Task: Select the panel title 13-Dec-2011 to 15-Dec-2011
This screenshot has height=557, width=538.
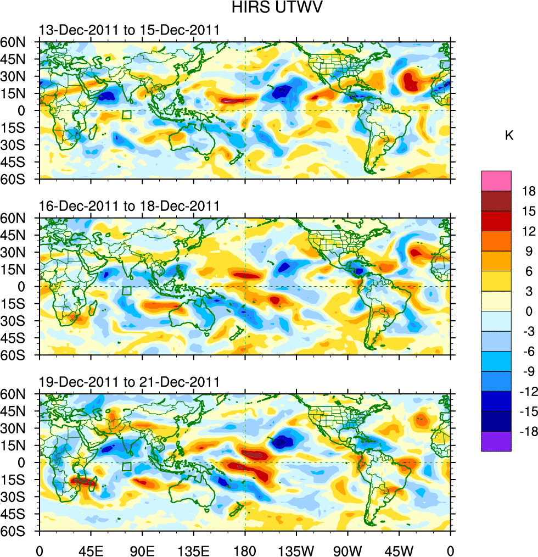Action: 129,30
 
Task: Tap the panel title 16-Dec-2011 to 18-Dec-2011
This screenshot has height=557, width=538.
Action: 129,207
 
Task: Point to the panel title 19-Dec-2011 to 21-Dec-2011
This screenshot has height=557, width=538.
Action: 129,382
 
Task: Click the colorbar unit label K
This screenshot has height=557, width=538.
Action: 509,135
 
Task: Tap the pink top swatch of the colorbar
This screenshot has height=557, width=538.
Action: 496,181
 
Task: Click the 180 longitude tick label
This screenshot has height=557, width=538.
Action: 245,549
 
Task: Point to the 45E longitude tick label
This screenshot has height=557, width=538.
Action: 91,549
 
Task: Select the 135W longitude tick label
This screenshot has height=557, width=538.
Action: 296,549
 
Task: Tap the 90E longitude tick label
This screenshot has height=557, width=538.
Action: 142,549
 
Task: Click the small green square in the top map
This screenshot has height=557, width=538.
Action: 127,115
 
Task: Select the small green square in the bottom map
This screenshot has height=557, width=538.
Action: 127,467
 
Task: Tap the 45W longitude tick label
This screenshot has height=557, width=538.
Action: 399,549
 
